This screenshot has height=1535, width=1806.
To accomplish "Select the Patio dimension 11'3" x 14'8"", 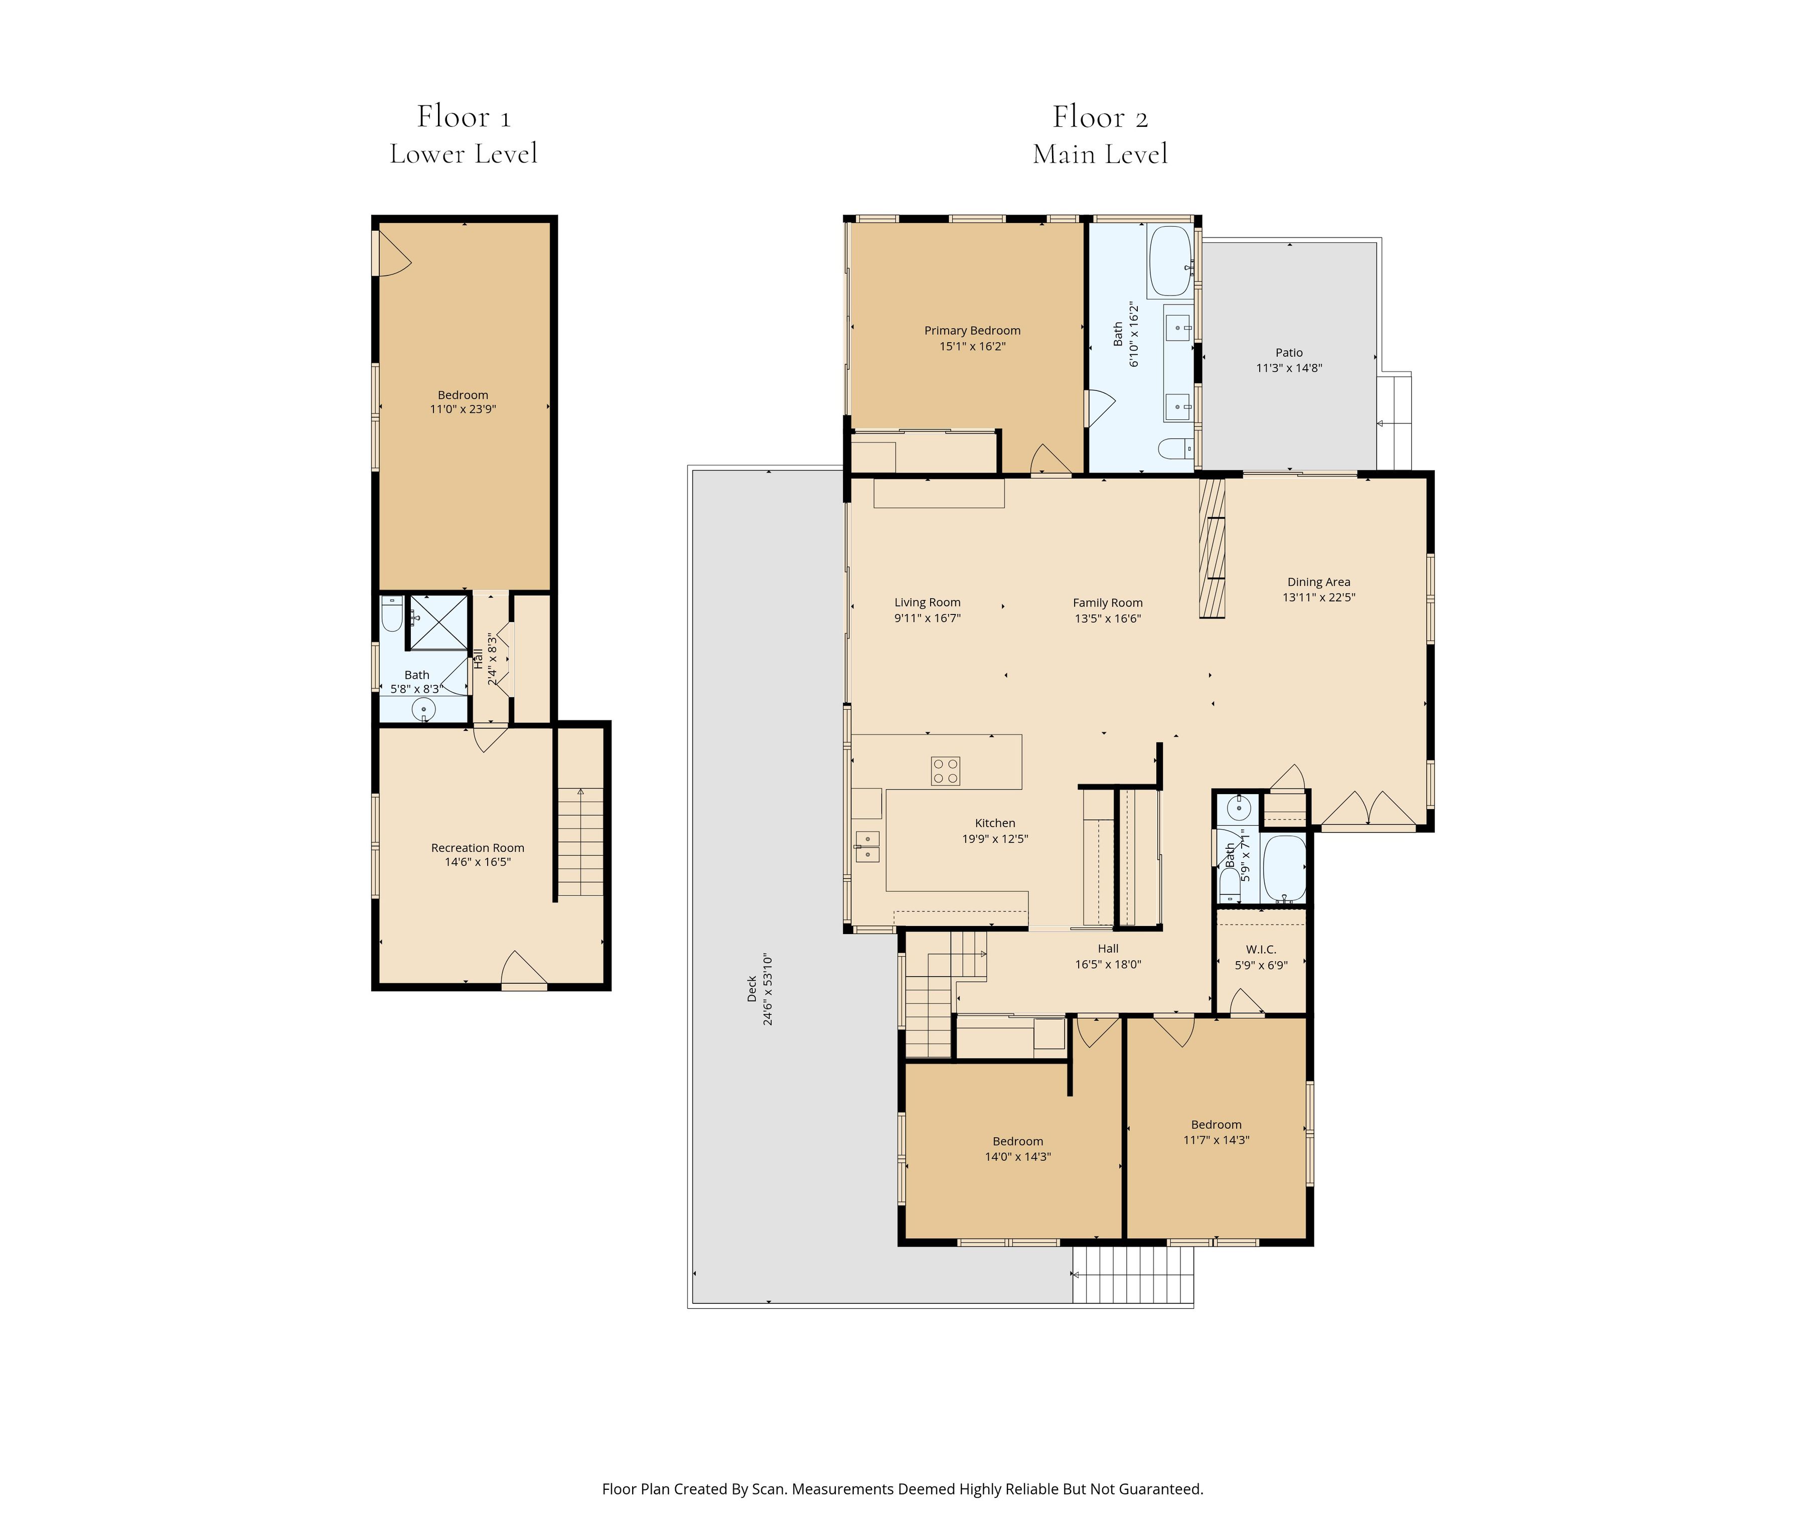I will point(1288,368).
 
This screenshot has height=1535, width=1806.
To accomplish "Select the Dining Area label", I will point(1318,582).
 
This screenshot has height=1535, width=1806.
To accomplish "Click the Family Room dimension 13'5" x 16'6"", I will point(1107,619).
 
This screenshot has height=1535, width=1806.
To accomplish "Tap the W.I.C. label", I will point(1260,950).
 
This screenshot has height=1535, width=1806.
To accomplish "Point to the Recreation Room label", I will point(477,848).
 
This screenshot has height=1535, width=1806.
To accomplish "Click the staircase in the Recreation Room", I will point(579,841).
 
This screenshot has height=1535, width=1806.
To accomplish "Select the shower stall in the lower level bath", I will point(438,622).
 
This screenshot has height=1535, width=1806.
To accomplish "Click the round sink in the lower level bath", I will point(424,709).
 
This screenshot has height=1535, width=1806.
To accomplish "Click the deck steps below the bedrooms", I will point(1131,1274).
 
